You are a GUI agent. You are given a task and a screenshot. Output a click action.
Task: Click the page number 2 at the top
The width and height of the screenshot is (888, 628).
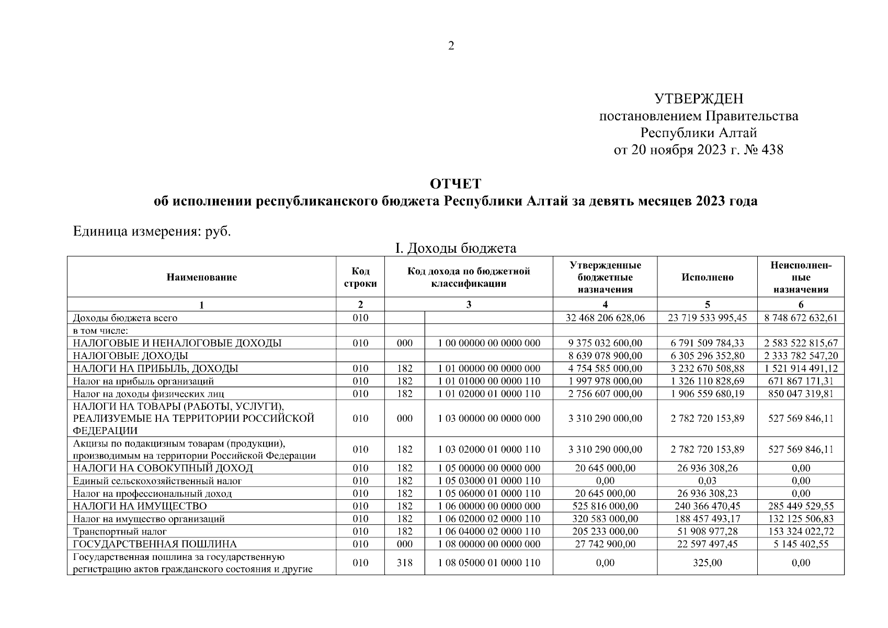pos(451,46)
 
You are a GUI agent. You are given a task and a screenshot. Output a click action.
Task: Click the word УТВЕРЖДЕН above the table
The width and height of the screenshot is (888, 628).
pos(699,98)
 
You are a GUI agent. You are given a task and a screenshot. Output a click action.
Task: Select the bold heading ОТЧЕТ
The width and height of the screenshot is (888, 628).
pos(455,184)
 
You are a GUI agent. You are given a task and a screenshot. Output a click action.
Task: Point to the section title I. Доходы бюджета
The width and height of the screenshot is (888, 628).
pos(456,248)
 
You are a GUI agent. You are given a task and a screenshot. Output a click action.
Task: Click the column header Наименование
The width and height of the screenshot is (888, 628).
pos(201,277)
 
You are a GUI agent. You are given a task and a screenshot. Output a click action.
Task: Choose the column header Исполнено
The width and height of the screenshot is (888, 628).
pos(707,277)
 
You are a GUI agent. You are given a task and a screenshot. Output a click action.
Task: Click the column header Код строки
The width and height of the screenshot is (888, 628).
pos(360,277)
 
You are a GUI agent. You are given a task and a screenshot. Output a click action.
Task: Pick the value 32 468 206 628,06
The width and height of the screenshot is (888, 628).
pos(605,318)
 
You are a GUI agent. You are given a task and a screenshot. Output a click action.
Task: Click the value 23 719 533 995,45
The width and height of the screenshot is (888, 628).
pos(707,318)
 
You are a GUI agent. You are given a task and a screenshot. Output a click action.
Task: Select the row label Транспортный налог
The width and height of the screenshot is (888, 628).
pos(120,532)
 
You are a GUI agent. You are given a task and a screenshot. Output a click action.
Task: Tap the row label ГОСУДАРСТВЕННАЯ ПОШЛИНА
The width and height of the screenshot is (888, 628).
pos(155,544)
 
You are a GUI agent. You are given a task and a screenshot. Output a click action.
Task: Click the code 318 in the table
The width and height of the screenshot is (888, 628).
pos(404,563)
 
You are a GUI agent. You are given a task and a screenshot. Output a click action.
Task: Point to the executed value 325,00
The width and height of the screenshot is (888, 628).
pos(707,563)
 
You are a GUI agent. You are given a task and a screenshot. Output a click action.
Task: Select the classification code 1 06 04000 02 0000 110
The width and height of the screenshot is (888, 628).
pos(488,532)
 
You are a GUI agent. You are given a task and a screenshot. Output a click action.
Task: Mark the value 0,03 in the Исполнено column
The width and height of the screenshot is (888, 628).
pos(707,481)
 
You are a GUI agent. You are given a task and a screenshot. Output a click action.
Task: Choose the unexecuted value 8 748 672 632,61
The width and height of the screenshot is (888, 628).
pos(801,318)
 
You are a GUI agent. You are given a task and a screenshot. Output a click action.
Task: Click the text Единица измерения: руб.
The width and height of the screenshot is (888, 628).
pos(152,231)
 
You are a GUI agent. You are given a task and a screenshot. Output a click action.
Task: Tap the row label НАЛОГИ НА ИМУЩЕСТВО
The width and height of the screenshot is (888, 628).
pos(140,506)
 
